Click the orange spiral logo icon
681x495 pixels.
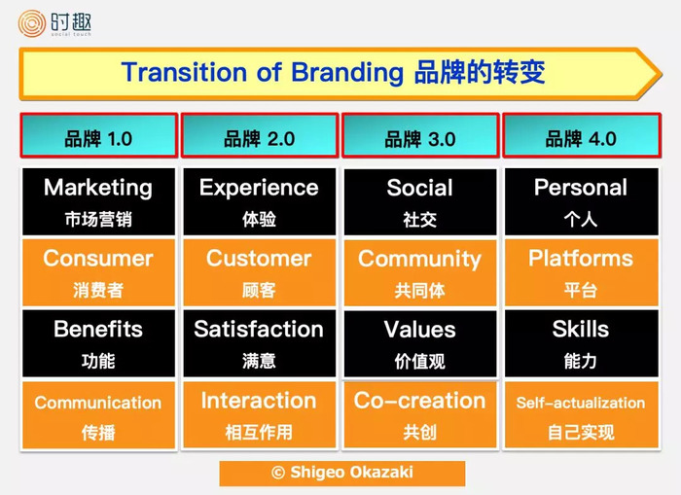click(x=32, y=23)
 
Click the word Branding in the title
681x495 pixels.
click(x=347, y=73)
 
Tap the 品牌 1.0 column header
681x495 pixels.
click(x=99, y=135)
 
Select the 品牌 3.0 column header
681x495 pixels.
click(x=420, y=135)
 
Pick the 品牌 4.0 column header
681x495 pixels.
click(x=582, y=135)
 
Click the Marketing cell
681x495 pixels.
click(x=98, y=202)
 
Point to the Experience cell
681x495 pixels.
click(x=260, y=202)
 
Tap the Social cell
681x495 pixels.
click(x=420, y=202)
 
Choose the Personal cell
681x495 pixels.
click(x=581, y=202)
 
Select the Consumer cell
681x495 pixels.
click(x=98, y=272)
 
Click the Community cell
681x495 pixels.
click(x=420, y=272)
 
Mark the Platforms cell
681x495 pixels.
click(x=581, y=272)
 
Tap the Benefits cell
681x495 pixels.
click(x=98, y=343)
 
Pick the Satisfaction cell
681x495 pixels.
click(x=260, y=343)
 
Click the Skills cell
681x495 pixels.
click(x=581, y=343)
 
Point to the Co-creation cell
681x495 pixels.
click(x=420, y=414)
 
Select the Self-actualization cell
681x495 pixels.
click(x=581, y=414)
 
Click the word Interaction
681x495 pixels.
click(x=259, y=401)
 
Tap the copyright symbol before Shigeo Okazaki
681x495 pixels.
click(x=278, y=473)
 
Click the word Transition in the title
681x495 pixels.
click(x=184, y=72)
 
